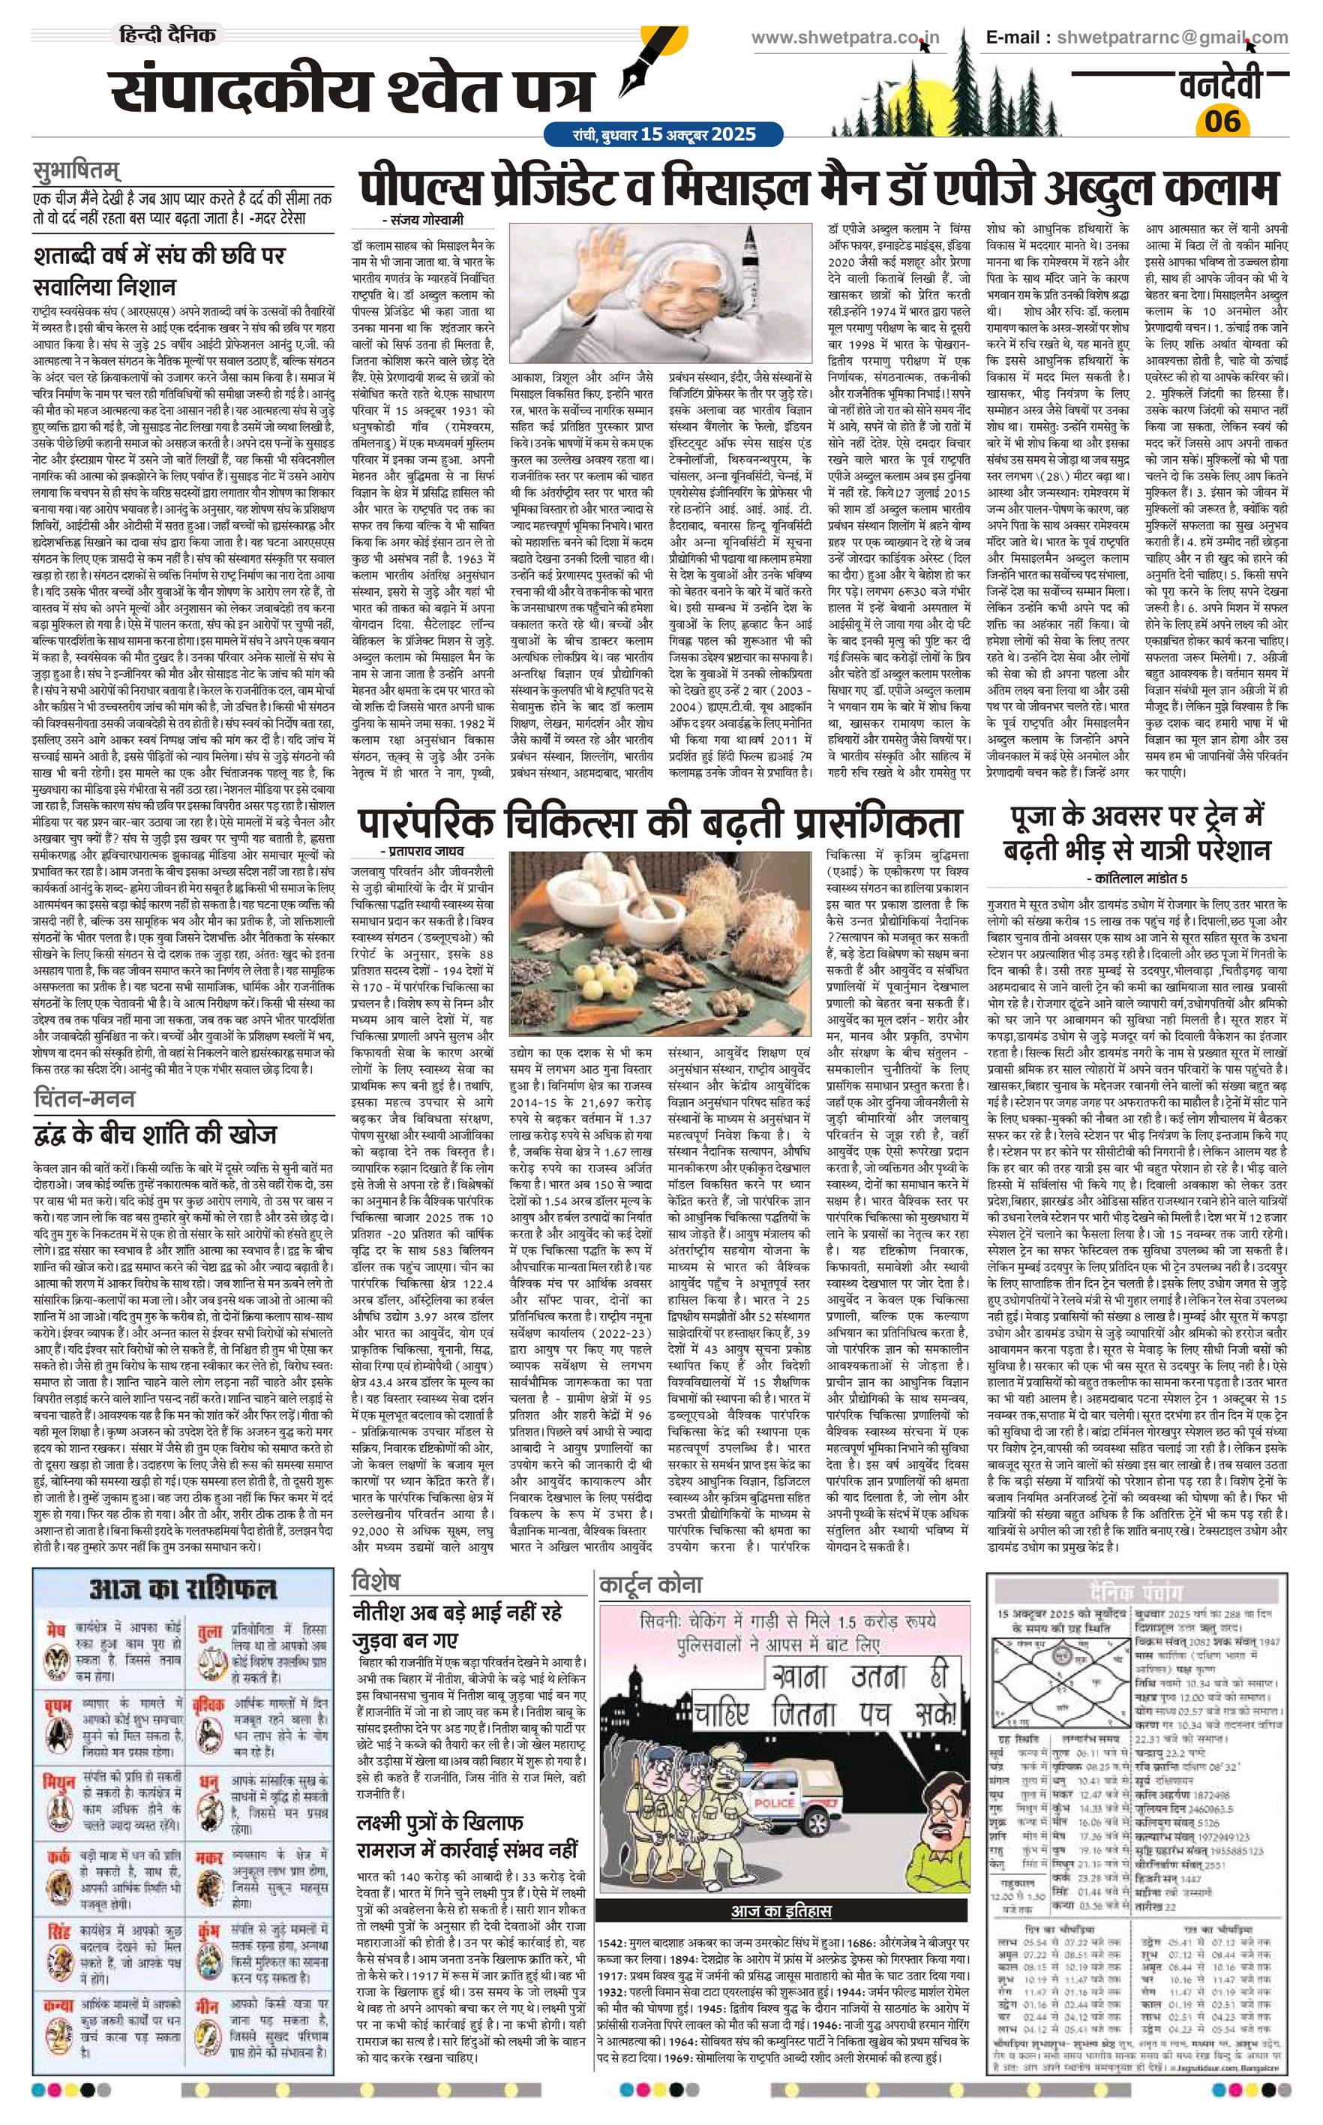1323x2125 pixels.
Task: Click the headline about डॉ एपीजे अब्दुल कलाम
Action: (817, 188)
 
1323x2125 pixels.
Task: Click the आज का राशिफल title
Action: (183, 1588)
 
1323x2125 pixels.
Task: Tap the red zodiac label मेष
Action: (57, 1629)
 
